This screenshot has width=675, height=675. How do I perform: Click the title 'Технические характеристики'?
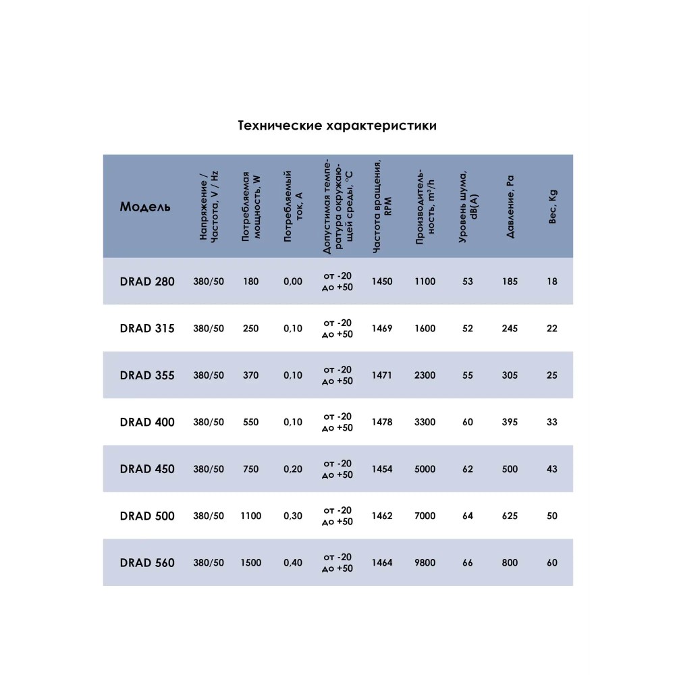click(x=337, y=126)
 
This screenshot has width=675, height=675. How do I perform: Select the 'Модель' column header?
click(x=145, y=207)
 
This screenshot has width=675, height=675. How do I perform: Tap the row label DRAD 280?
click(x=147, y=281)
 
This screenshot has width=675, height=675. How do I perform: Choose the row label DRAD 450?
click(x=147, y=469)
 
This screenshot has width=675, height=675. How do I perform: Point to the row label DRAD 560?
click(x=147, y=562)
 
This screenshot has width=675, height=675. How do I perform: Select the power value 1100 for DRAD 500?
click(x=250, y=516)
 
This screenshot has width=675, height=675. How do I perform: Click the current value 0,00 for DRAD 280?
click(x=293, y=281)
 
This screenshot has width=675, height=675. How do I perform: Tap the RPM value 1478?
click(x=381, y=423)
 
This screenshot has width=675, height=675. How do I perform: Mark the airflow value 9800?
click(x=425, y=562)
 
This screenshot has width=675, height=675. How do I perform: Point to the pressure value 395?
click(x=510, y=423)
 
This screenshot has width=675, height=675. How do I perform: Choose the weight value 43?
click(x=552, y=469)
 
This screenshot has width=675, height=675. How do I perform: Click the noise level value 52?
click(x=468, y=329)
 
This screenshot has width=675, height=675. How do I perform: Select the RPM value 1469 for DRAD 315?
click(x=381, y=329)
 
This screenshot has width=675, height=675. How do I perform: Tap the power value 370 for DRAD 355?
click(x=250, y=375)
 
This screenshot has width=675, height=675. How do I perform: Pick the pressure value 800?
click(x=510, y=562)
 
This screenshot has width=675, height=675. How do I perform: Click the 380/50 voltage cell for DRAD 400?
click(x=209, y=423)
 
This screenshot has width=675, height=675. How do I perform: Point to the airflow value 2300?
click(x=425, y=375)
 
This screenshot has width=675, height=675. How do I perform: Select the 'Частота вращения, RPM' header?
click(x=381, y=207)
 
